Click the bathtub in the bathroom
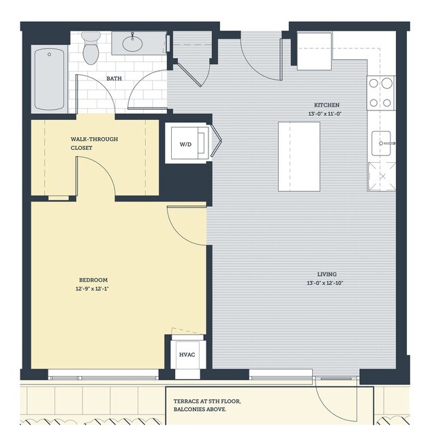pos(50,79)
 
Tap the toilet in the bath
pos(91,48)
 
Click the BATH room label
pos(114,78)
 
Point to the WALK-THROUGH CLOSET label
pos(94,143)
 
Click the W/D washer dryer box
pos(185,144)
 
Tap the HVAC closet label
pos(187,355)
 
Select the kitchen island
pos(299,157)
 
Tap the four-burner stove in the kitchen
pos(381,93)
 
